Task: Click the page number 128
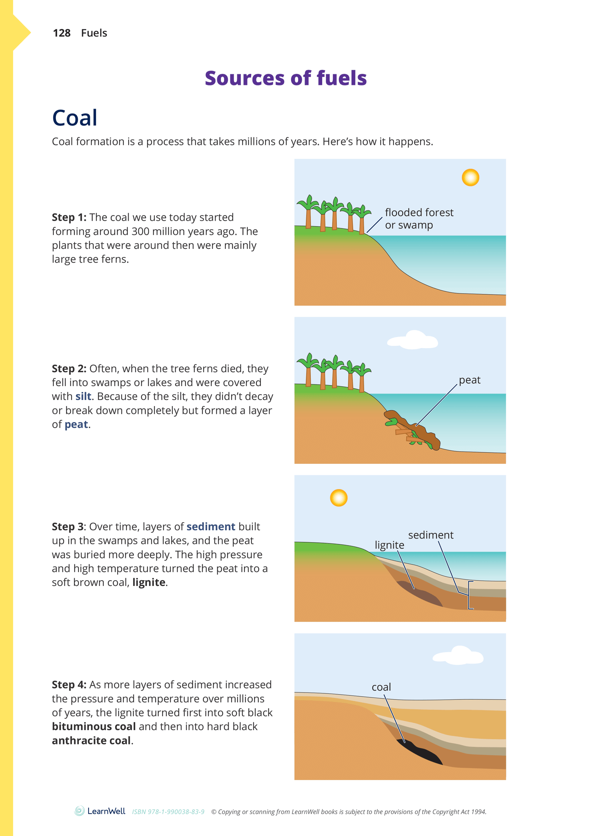tap(62, 33)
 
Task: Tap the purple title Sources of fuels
tap(285, 78)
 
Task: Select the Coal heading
tap(75, 118)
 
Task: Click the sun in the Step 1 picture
tap(470, 178)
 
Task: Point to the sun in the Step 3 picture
tap(338, 498)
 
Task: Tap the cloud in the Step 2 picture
tap(412, 340)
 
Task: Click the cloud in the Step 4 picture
tap(458, 656)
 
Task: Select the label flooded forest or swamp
tap(419, 219)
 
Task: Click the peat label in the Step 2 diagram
tap(470, 380)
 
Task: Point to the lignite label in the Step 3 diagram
tap(390, 545)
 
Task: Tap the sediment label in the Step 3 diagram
tap(431, 535)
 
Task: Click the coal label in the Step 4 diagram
tap(381, 687)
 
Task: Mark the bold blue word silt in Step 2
tap(83, 396)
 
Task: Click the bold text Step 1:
tap(69, 217)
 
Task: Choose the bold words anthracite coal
tap(91, 740)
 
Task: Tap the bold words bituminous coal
tap(94, 726)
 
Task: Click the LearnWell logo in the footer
tap(100, 811)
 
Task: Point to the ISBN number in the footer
tap(168, 811)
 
